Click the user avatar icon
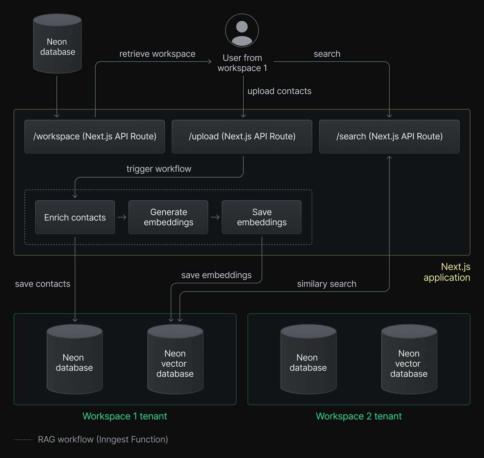click(x=242, y=30)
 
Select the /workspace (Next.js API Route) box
click(x=95, y=137)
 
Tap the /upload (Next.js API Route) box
click(x=242, y=137)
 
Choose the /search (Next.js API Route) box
click(x=389, y=137)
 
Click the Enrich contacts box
click(x=75, y=217)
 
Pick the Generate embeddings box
click(x=168, y=217)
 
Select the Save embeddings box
click(x=262, y=217)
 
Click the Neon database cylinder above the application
click(x=57, y=44)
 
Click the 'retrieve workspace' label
click(x=157, y=54)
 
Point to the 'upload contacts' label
click(x=279, y=91)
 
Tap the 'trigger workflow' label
click(x=159, y=169)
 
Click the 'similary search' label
click(x=326, y=284)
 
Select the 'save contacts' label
click(x=43, y=284)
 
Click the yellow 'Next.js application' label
click(x=447, y=272)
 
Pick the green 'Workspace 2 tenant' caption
click(x=359, y=416)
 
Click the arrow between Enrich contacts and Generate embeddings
click(x=122, y=217)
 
